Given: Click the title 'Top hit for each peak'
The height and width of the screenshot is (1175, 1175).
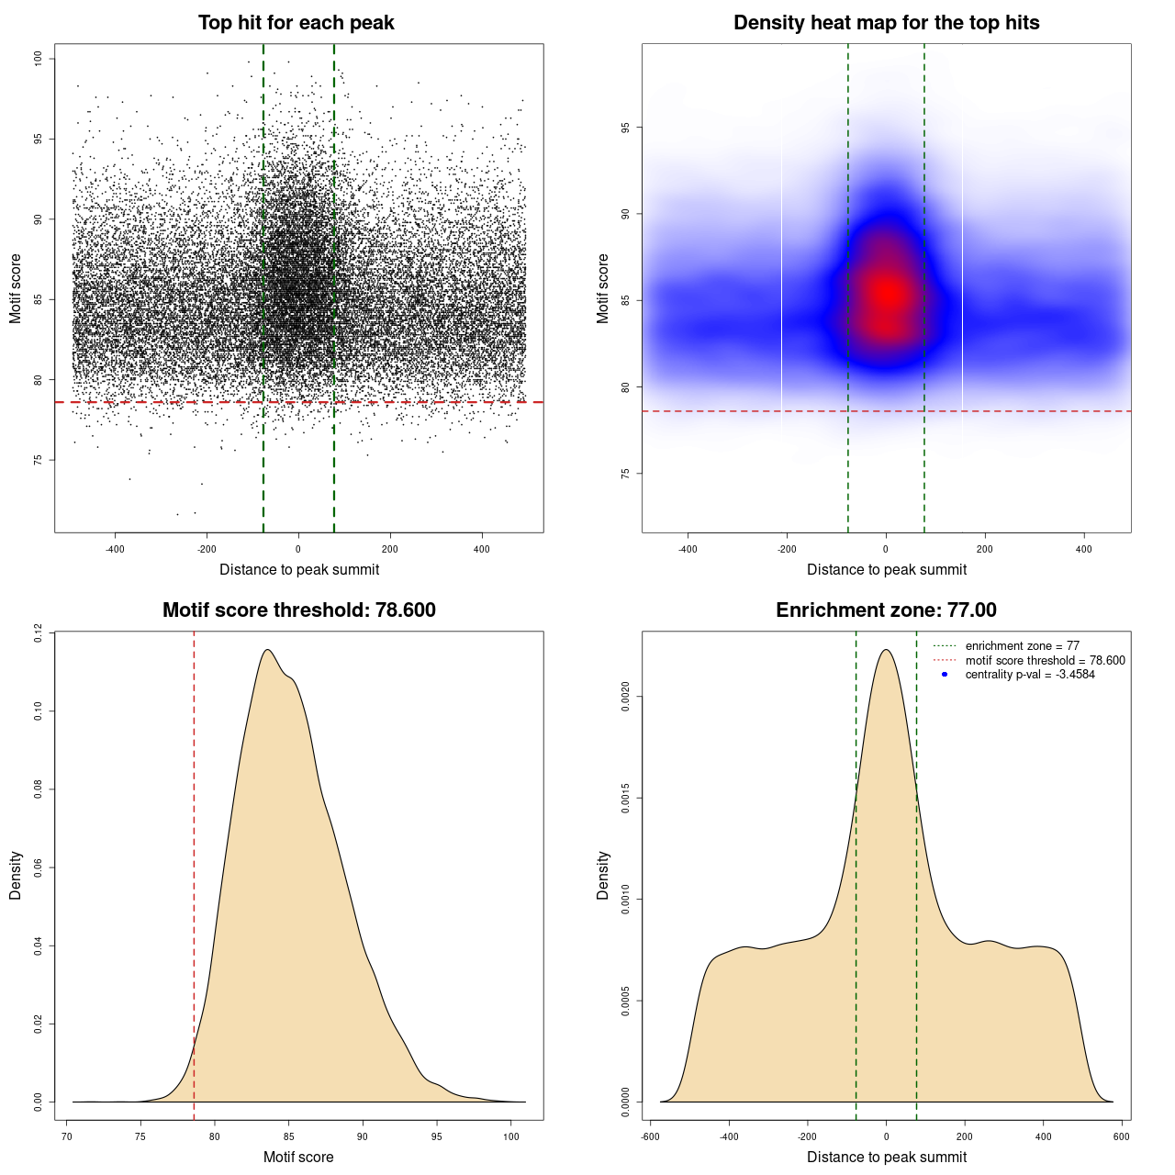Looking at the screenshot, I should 296,23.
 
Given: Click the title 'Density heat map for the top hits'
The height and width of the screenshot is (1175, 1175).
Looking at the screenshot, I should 886,23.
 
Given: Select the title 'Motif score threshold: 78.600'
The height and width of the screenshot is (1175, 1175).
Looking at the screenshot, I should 298,610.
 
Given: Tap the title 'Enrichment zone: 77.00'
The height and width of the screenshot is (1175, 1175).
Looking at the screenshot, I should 886,610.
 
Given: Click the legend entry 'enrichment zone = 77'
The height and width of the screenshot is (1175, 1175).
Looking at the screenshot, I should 1022,646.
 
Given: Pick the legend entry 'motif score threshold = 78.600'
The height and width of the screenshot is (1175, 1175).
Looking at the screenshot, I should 1045,660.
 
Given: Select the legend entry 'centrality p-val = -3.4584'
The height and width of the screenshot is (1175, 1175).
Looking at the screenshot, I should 1030,675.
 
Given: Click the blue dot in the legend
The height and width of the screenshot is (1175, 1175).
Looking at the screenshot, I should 945,675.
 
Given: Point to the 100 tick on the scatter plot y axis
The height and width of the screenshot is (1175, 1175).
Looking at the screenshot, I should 39,59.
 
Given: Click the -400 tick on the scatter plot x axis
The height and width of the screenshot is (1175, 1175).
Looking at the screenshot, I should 115,549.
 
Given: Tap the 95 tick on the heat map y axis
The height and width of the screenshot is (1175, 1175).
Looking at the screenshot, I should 626,128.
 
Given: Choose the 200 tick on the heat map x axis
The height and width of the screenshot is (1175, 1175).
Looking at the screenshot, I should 985,549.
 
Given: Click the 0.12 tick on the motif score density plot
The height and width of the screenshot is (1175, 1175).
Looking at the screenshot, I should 39,632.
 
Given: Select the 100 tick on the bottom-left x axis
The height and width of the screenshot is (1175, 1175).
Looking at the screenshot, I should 511,1136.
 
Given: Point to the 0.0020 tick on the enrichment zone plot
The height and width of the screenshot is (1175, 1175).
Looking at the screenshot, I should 626,697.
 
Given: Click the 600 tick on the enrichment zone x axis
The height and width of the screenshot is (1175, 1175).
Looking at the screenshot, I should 1122,1136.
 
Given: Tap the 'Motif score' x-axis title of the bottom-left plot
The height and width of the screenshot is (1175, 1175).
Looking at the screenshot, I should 298,1157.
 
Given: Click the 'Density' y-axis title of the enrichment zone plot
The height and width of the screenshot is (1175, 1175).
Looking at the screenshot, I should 603,875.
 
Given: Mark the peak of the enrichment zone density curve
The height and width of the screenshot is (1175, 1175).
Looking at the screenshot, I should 886,650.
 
